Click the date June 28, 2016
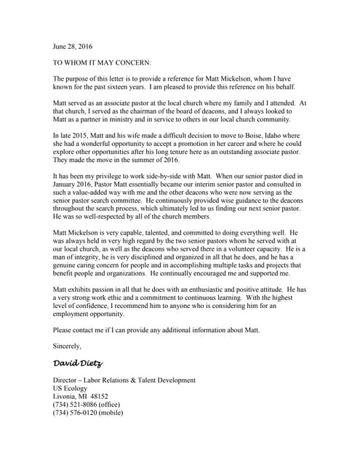pos(74,44)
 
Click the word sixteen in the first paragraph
pos(137,87)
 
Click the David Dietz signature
pos(78,363)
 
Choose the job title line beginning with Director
pos(124,380)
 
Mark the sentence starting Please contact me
pos(156,331)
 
